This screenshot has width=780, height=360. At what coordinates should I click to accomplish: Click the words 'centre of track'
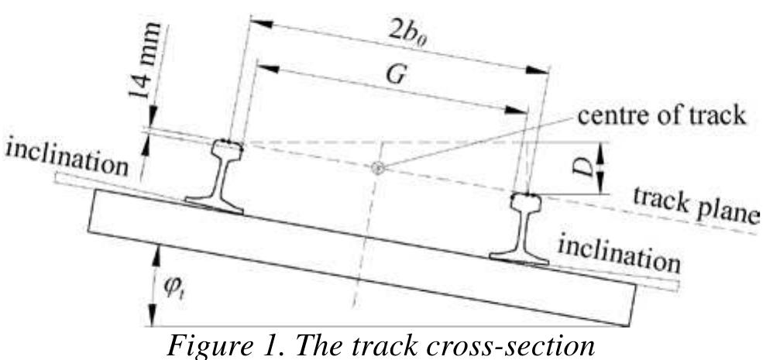[x=661, y=115]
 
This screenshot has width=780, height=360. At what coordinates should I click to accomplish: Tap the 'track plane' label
[x=696, y=206]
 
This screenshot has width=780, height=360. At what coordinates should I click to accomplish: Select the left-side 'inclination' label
[x=67, y=158]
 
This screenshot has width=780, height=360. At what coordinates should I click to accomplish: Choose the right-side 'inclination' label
[x=619, y=255]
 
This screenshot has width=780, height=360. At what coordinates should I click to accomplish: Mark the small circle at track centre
[x=378, y=169]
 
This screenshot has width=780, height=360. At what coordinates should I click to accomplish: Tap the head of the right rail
[x=526, y=202]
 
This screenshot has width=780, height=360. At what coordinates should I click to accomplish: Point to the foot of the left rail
[x=215, y=205]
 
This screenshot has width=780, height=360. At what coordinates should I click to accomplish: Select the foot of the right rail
[x=519, y=259]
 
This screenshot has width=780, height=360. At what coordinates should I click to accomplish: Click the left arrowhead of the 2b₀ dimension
[x=261, y=23]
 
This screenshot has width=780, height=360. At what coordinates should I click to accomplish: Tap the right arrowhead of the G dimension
[x=516, y=110]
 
